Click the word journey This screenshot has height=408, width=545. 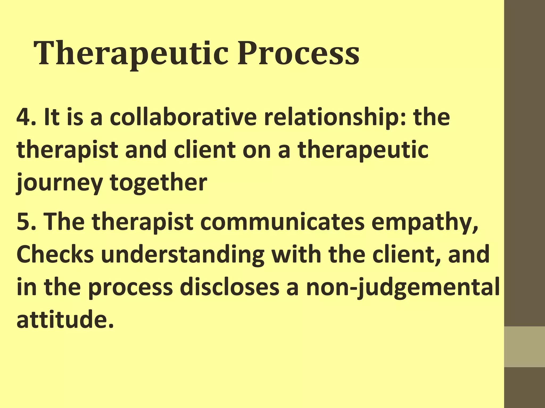[x=59, y=183]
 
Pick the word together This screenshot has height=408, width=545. [x=158, y=183]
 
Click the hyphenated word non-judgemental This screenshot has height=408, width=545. [x=403, y=288]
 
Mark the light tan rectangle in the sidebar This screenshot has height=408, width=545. [x=525, y=347]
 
